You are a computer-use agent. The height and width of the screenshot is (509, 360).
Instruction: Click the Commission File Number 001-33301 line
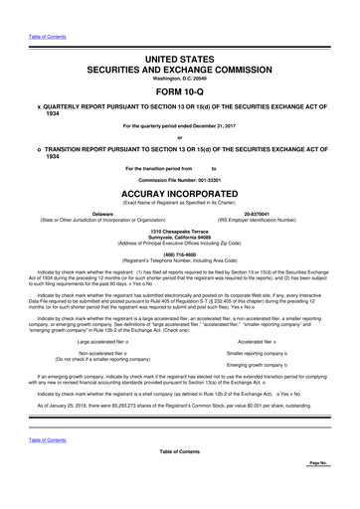point(179,179)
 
